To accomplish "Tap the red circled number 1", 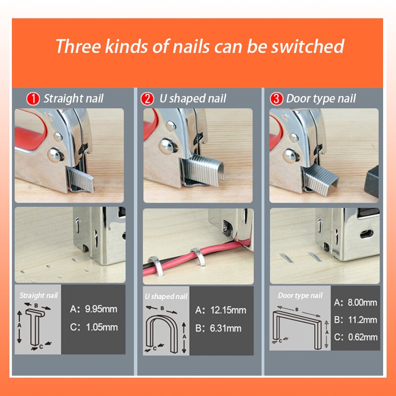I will [x=33, y=99].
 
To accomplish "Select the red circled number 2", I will [x=147, y=99].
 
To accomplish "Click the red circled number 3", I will [x=276, y=99].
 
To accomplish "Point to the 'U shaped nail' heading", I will [x=193, y=99].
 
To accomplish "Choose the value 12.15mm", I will [x=228, y=310].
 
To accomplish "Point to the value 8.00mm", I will [x=361, y=302].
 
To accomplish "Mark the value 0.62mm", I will [x=361, y=337].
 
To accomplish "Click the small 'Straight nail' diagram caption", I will [x=38, y=296].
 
